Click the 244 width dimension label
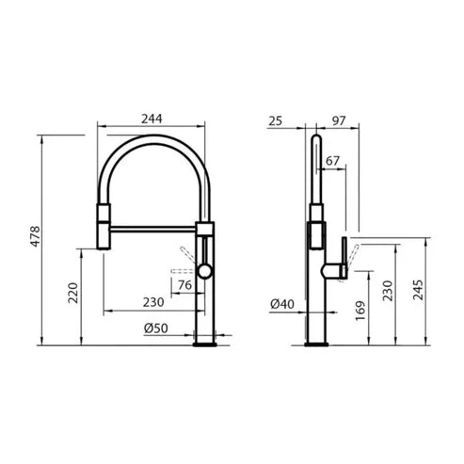(152, 119)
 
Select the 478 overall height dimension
(36, 236)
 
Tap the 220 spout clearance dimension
(73, 293)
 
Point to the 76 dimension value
(184, 285)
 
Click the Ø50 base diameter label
(156, 328)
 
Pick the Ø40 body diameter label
(282, 304)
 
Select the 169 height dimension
(360, 311)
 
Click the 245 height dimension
(418, 290)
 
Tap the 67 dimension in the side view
(332, 161)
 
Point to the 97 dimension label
(339, 120)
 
